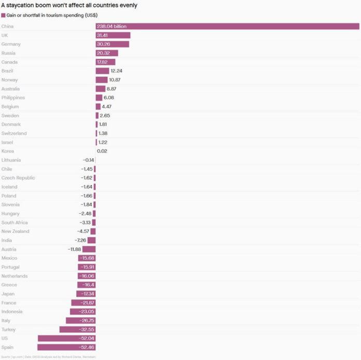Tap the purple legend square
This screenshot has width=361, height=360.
pyautogui.click(x=3, y=16)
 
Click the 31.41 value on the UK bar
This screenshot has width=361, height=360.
pyautogui.click(x=103, y=35)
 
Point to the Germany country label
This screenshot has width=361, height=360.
pyautogui.click(x=11, y=44)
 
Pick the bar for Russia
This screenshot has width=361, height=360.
pyautogui.click(x=107, y=53)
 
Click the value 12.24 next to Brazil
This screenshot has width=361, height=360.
pyautogui.click(x=116, y=71)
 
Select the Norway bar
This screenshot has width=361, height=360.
pyautogui.click(x=102, y=80)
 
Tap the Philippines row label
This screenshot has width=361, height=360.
pyautogui.click(x=13, y=98)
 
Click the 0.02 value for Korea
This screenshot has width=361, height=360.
pyautogui.click(x=102, y=151)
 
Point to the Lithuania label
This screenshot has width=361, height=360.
pyautogui.click(x=11, y=160)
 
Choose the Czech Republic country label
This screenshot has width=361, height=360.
pyautogui.click(x=18, y=178)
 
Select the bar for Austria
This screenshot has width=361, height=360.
pyautogui.click(x=89, y=250)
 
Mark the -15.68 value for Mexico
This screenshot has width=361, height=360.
pyautogui.click(x=87, y=258)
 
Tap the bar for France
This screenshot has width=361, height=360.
pyautogui.click(x=84, y=303)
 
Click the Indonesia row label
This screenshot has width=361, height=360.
pyautogui.click(x=12, y=312)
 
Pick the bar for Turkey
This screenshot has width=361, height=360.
pyautogui.click(x=77, y=329)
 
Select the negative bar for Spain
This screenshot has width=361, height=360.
pyautogui.click(x=66, y=347)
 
